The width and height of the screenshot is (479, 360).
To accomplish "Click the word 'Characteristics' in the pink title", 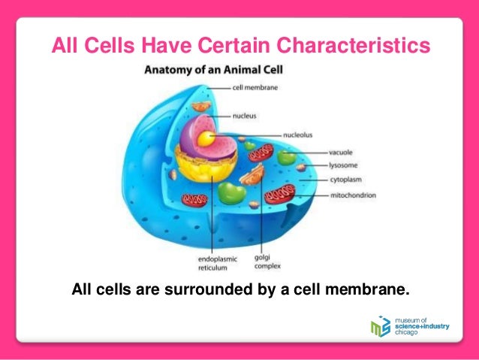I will click(356, 47).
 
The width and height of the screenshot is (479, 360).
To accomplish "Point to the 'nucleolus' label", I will click(298, 135).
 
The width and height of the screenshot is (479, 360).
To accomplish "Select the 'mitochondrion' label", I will click(353, 195).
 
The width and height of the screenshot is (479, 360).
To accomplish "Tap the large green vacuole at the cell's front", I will click(231, 192).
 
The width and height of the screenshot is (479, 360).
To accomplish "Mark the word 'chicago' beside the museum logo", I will click(408, 334).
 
